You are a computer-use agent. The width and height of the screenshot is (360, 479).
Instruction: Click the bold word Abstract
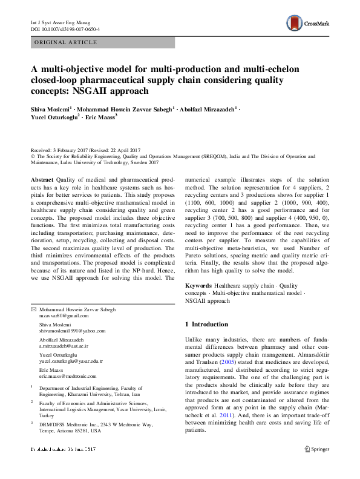click(x=41, y=181)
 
